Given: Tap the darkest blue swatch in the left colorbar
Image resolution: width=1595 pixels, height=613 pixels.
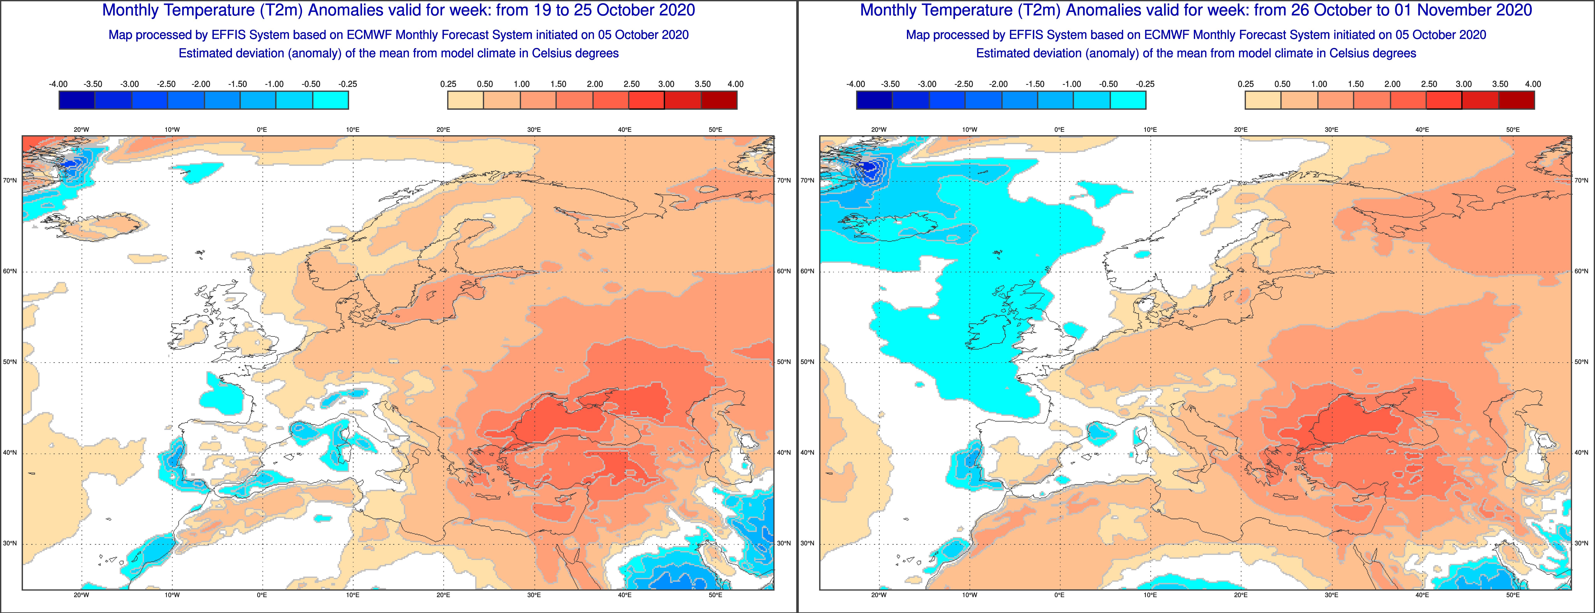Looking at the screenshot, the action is point(77,100).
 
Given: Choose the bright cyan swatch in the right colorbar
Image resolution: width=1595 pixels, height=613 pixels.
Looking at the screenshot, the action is point(1128,100).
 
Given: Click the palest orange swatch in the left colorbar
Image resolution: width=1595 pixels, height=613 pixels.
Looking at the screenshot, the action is point(466,100).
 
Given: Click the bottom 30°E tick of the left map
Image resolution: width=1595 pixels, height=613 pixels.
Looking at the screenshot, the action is point(534,595).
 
